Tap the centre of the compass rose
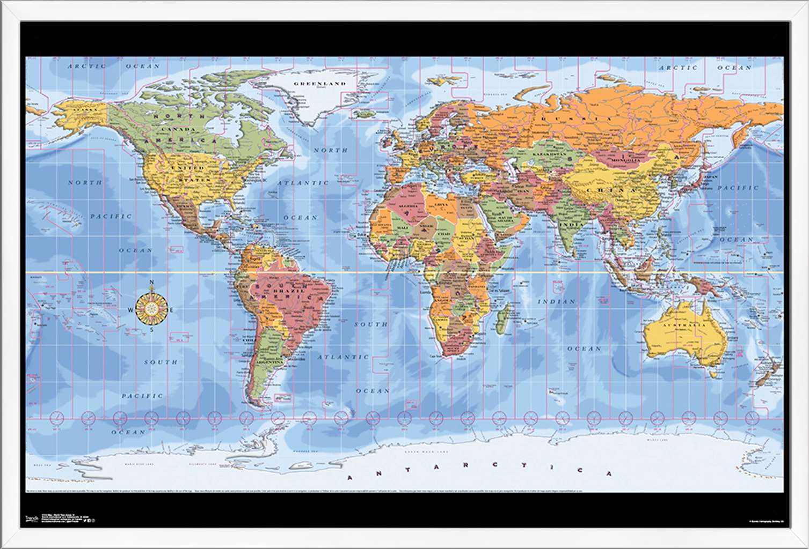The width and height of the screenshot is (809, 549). (x=152, y=310)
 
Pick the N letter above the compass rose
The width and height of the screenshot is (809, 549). (x=152, y=283)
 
